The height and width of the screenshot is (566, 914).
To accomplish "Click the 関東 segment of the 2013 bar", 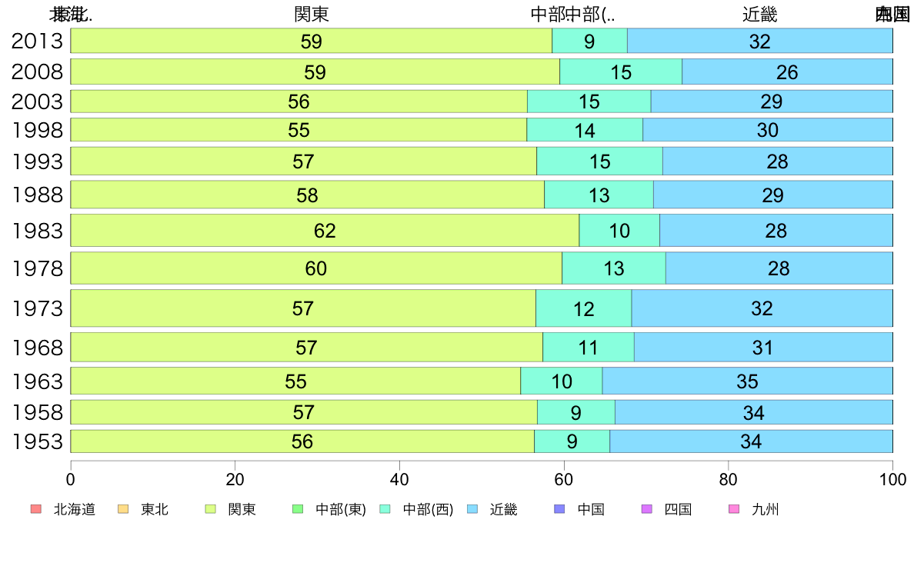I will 231,42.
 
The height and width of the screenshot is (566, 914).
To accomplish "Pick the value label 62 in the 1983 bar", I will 325,231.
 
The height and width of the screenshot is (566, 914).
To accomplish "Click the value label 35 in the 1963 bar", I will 747,381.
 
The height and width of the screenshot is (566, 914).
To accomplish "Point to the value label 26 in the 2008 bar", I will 787,72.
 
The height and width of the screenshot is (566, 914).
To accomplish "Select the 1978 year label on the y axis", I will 38,269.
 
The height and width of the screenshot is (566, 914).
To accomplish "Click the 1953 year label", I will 38,442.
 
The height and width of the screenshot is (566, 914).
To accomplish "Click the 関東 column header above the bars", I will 312,15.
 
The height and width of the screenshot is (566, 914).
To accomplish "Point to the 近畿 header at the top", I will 760,15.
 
